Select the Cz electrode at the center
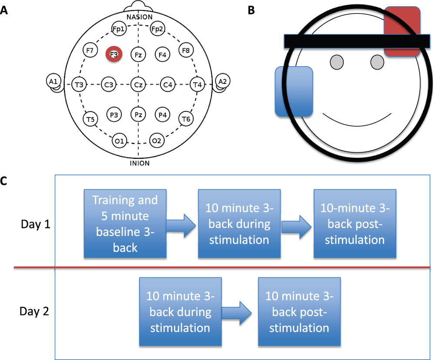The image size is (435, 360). [138, 84]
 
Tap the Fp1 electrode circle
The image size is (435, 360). [118, 29]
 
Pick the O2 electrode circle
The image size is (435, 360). [157, 140]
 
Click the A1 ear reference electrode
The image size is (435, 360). [53, 81]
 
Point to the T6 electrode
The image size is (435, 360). [186, 119]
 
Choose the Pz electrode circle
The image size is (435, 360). [138, 115]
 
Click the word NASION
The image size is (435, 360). [139, 17]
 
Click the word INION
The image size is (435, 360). [139, 163]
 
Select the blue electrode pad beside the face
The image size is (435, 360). [294, 91]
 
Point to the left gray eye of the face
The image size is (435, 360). [336, 62]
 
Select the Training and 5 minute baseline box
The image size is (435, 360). [125, 224]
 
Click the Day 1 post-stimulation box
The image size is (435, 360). [355, 224]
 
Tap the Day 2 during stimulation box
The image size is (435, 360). [180, 312]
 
